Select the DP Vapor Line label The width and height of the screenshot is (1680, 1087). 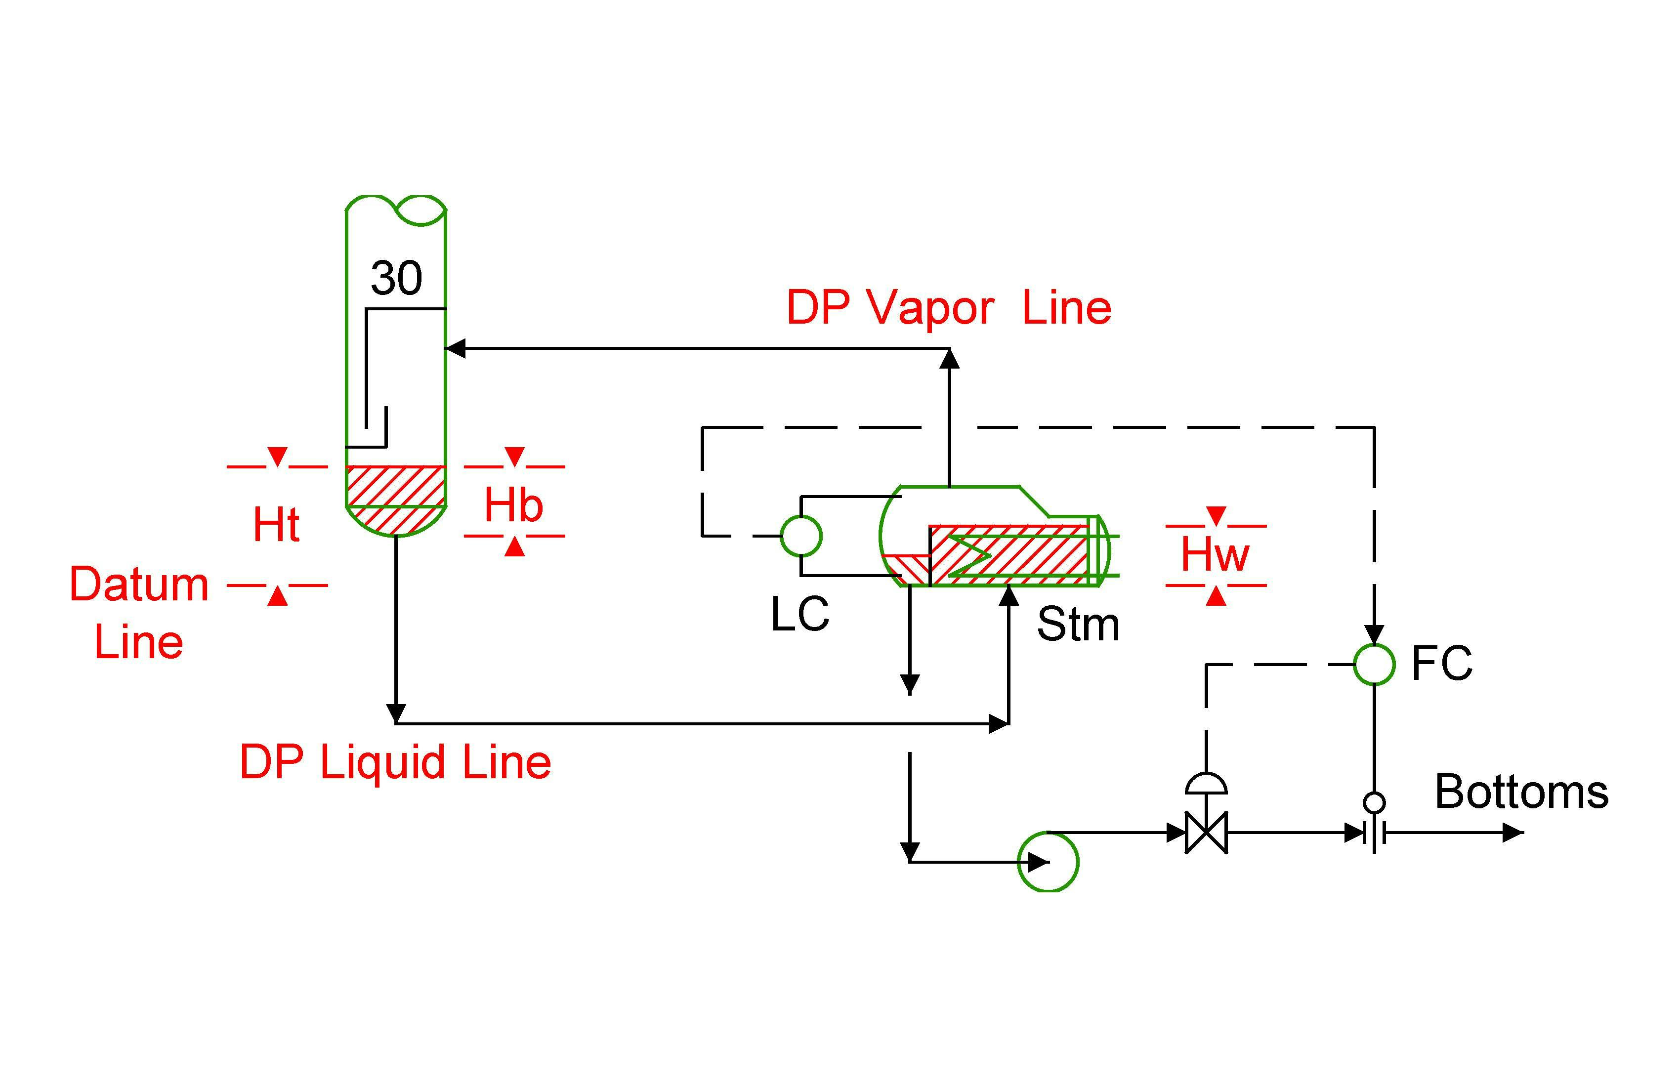[948, 308]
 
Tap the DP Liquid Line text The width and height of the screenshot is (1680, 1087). [395, 762]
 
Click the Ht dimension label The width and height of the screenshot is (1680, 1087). [276, 525]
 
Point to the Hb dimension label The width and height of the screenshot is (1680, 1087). [513, 506]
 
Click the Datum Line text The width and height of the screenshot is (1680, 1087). [139, 613]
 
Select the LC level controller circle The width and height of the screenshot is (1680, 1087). [801, 536]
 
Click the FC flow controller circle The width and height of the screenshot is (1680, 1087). [1374, 664]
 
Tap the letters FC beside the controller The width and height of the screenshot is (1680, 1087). [1441, 664]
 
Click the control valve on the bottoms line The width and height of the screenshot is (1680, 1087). [1206, 833]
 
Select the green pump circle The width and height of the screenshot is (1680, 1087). [1048, 862]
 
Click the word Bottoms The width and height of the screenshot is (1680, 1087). [1521, 792]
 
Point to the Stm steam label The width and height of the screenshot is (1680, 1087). [1078, 625]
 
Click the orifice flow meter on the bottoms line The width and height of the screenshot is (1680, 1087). [1374, 834]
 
